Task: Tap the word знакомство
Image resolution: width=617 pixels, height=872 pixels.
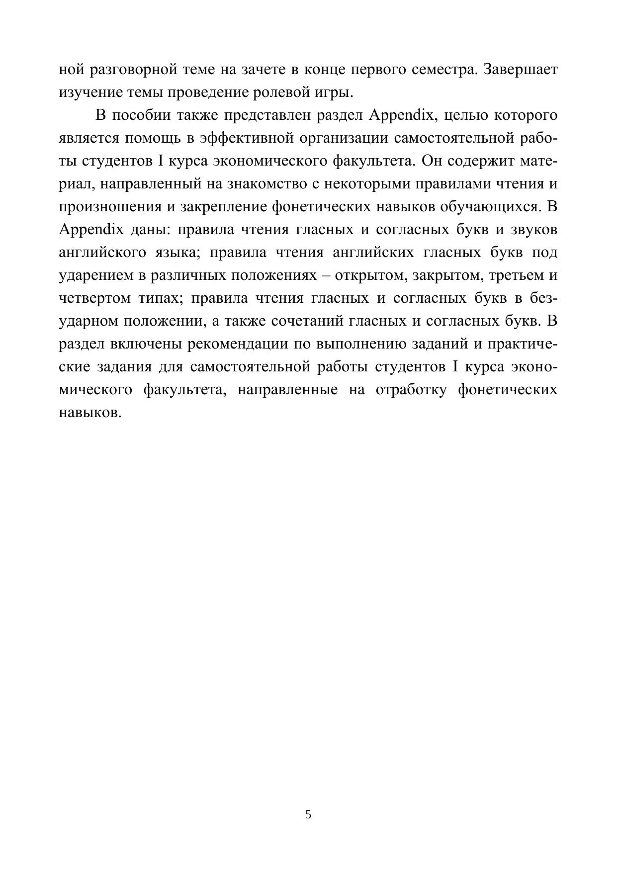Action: (265, 184)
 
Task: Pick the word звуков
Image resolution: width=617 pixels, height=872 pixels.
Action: (534, 230)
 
